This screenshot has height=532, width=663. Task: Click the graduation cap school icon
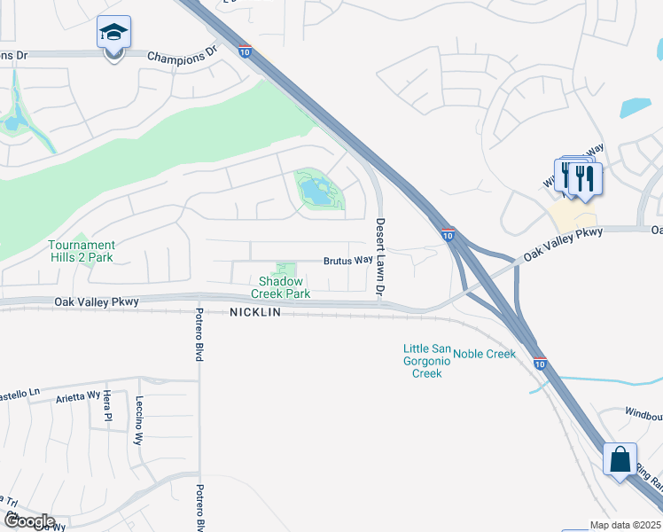click(113, 34)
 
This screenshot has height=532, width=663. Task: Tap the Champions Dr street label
click(182, 56)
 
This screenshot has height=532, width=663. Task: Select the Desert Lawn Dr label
click(380, 256)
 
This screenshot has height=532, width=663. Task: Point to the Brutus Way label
click(347, 261)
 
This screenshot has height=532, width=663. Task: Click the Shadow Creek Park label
click(280, 287)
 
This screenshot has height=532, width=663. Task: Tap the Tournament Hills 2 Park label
click(82, 251)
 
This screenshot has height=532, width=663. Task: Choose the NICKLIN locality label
click(255, 313)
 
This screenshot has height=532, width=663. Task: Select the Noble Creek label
click(484, 355)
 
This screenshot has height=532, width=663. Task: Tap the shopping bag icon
click(619, 460)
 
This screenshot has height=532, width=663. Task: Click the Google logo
click(28, 521)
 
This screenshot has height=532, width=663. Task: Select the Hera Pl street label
click(107, 403)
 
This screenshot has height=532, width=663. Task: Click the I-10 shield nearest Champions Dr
click(244, 52)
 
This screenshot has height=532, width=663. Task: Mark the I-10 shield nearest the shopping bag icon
click(540, 364)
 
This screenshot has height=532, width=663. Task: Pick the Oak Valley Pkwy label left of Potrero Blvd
click(97, 302)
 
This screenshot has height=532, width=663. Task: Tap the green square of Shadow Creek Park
click(285, 270)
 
